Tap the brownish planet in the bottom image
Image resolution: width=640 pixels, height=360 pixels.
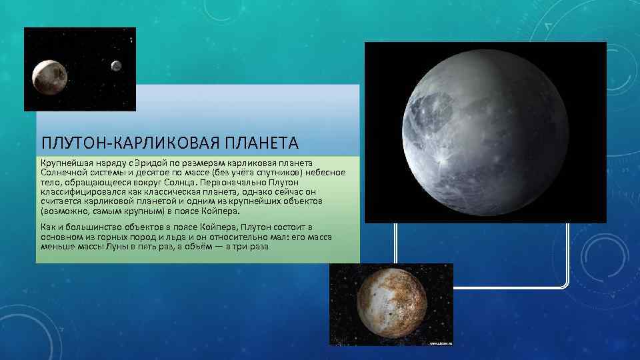[392, 304]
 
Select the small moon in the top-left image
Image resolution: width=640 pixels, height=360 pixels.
[116, 66]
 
